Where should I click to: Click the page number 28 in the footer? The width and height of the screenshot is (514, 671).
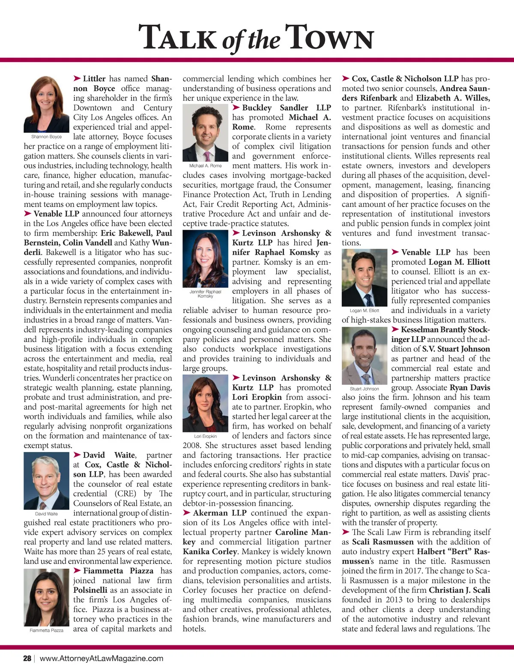(x=27, y=658)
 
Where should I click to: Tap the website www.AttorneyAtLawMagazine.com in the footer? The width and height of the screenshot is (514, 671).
(x=102, y=658)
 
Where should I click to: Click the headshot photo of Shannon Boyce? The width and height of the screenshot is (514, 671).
(x=46, y=104)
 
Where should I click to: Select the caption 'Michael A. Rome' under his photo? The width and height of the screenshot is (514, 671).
(x=205, y=166)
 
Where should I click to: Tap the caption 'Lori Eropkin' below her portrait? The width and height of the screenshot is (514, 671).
(x=205, y=436)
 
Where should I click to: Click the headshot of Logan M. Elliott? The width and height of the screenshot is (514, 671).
(x=365, y=278)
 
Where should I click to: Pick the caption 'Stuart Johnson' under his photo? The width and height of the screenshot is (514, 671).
(x=365, y=389)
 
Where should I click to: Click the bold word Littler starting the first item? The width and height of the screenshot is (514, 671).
(x=94, y=79)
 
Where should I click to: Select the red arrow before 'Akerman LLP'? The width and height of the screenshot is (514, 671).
(x=186, y=513)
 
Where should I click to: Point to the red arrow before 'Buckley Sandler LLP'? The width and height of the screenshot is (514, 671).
(x=236, y=107)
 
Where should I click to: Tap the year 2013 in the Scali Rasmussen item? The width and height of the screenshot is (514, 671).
(x=394, y=600)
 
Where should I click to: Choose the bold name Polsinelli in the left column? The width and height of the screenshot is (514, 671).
(x=90, y=590)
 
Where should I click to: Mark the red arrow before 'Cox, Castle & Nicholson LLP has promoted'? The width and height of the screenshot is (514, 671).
(x=346, y=78)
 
